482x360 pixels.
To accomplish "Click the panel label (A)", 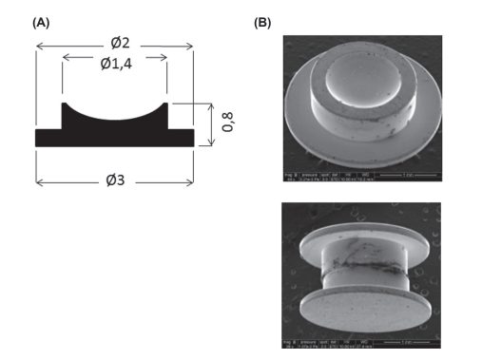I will pos(41,21).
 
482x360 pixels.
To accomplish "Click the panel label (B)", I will pos(262,21).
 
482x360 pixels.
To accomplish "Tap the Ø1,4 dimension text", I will pos(115,64).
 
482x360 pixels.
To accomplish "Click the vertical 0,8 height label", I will pos(226,121).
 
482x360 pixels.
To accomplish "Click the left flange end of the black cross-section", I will pos(38,138).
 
